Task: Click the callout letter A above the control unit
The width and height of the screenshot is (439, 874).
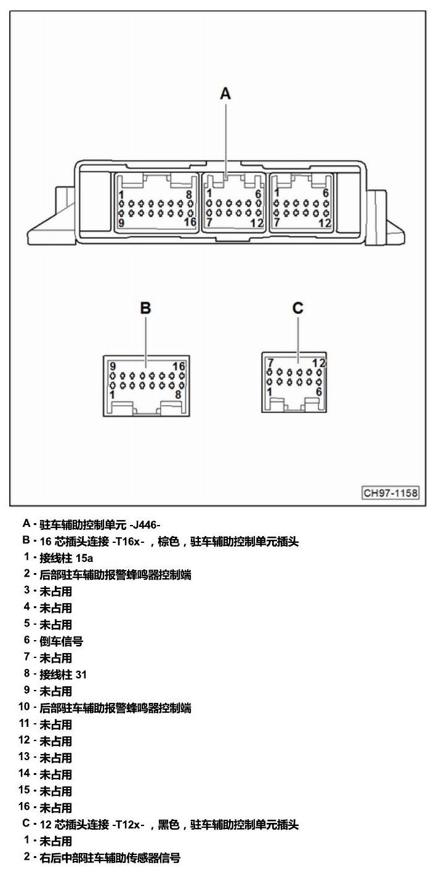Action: pos(225,94)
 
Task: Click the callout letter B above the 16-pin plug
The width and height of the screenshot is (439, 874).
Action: pos(145,308)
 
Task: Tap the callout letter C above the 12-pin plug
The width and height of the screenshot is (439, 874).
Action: pos(298,308)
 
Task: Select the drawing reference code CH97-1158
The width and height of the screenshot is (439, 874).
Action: pos(390,493)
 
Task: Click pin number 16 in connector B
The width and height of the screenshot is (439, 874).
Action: pos(179,366)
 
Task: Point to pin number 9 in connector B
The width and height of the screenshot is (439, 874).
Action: pos(113,366)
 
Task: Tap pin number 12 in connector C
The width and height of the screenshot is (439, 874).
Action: pos(318,363)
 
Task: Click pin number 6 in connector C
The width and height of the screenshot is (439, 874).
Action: pos(319,391)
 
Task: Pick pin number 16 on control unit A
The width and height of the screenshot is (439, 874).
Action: pos(190,222)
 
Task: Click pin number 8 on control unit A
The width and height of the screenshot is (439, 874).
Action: pos(189,194)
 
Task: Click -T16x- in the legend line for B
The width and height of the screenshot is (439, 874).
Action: pos(128,542)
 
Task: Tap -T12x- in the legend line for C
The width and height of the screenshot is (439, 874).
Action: pos(128,825)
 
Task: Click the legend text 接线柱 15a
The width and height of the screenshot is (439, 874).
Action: pos(66,558)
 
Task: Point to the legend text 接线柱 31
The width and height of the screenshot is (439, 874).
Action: pos(63,674)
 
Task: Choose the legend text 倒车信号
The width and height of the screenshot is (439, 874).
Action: pos(62,641)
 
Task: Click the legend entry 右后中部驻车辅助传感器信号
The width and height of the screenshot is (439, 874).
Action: pos(110,858)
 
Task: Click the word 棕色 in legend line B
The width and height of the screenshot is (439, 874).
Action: pos(169,542)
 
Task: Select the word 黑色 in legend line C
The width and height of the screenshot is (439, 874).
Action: pos(169,825)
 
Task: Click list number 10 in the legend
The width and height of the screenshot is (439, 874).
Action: pos(24,707)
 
